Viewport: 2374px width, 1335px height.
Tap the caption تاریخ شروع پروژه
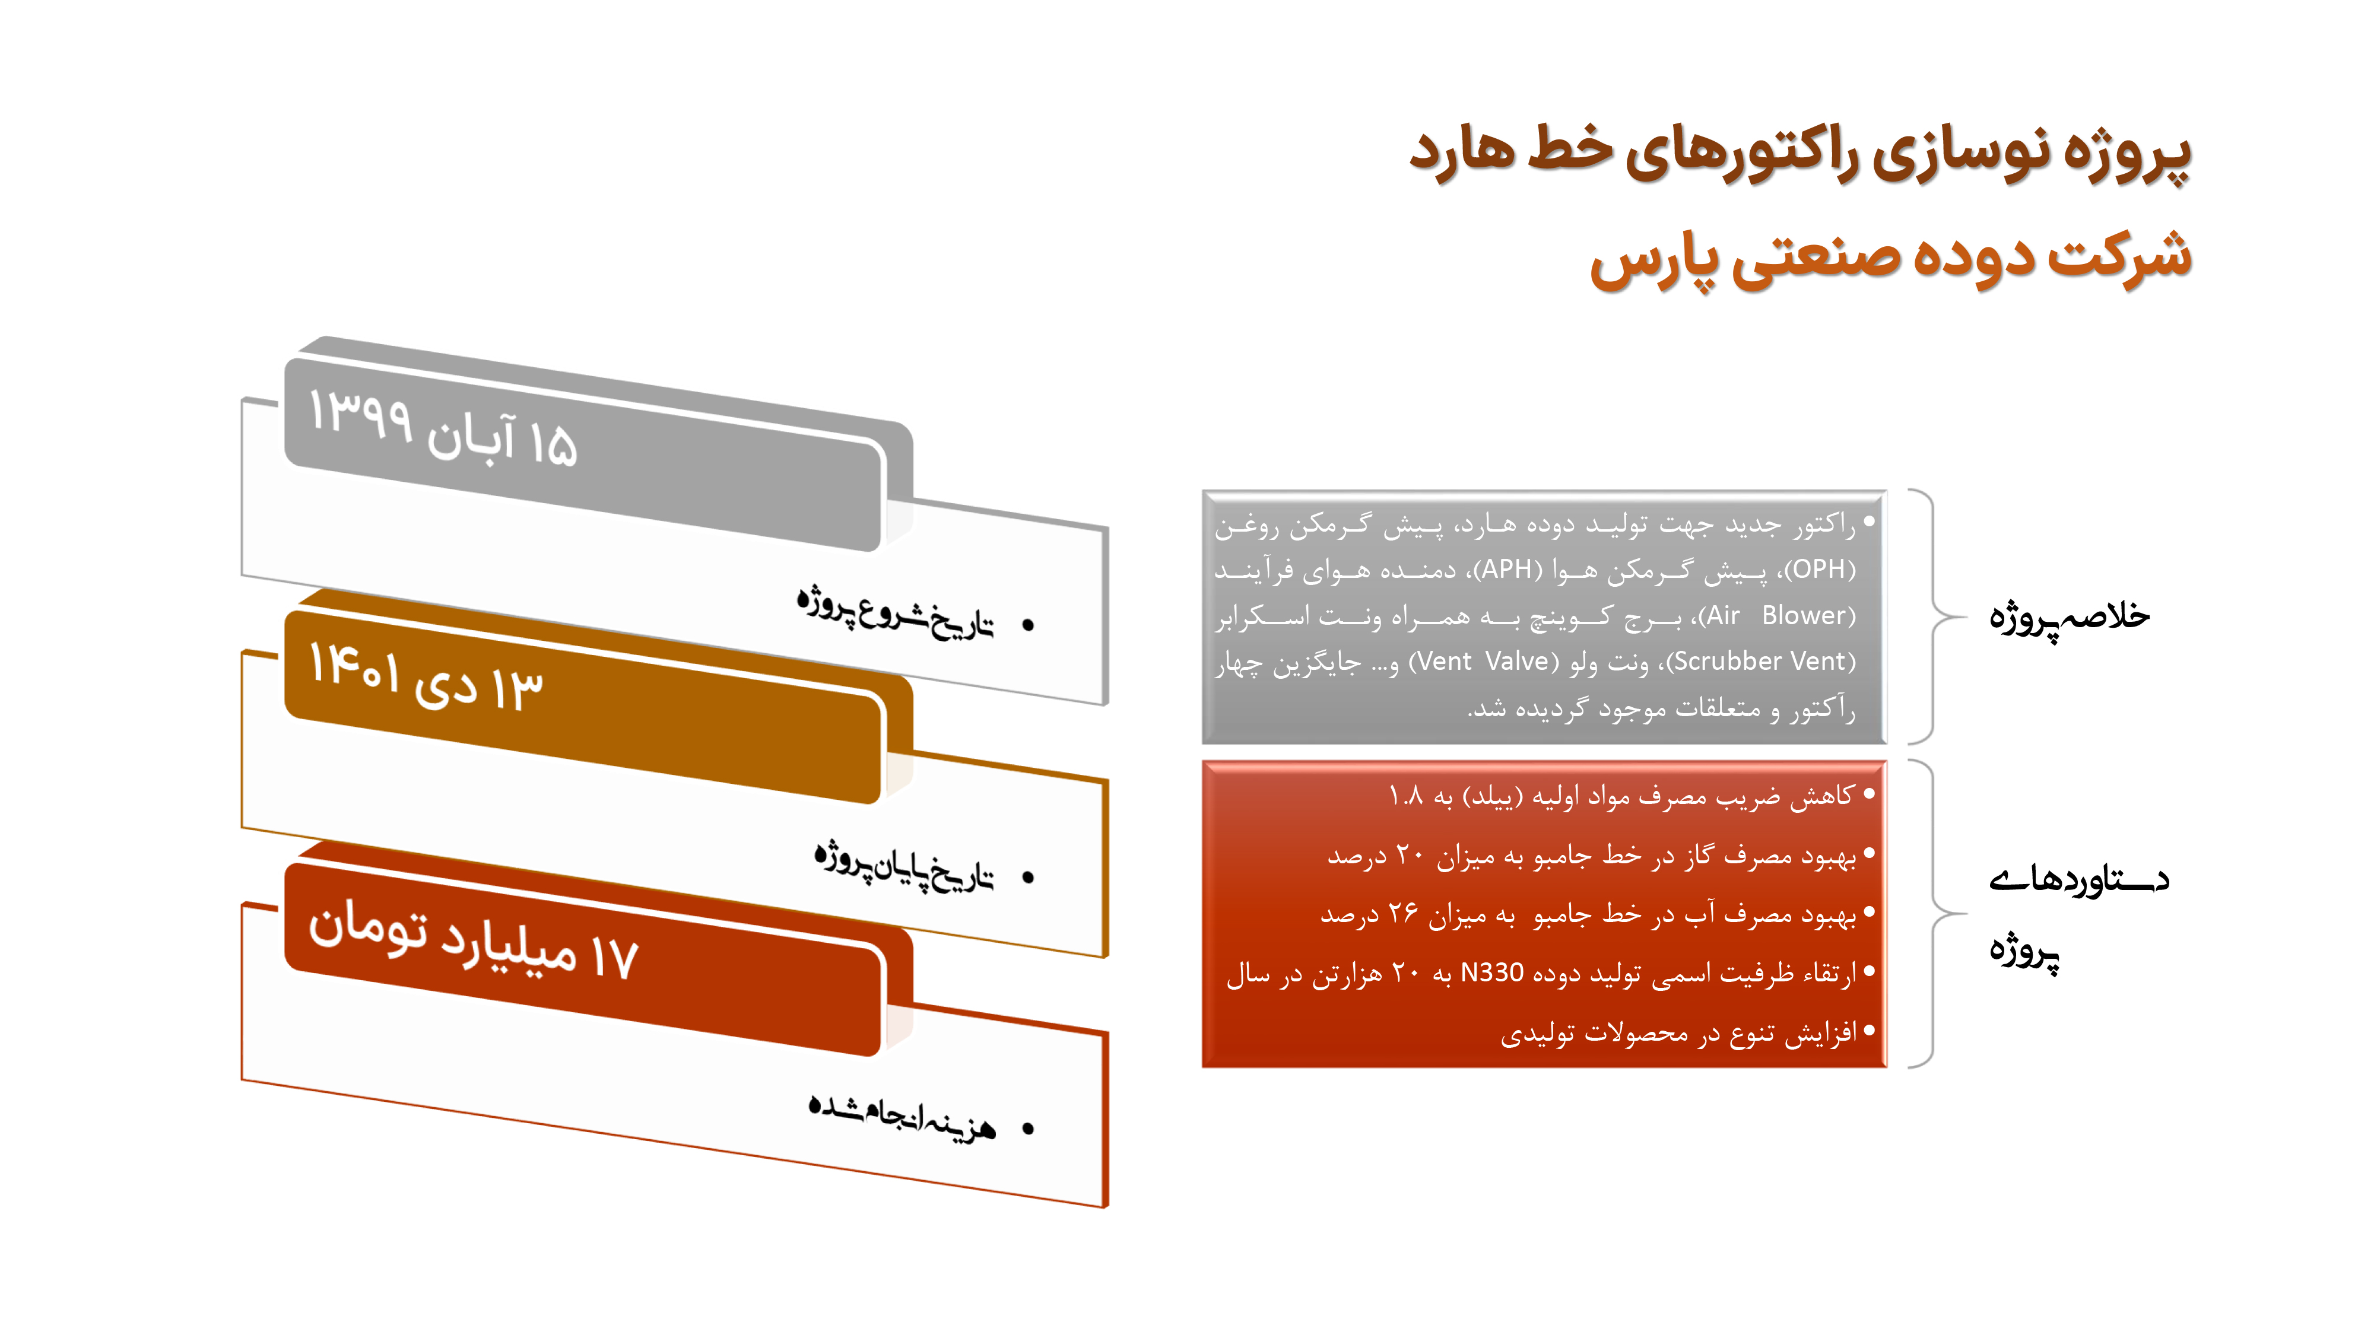(x=896, y=612)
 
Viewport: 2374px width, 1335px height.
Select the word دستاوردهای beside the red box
(x=2079, y=881)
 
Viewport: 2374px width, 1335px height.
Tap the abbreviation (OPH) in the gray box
(x=1820, y=570)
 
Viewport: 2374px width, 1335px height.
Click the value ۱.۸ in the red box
(x=1407, y=795)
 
